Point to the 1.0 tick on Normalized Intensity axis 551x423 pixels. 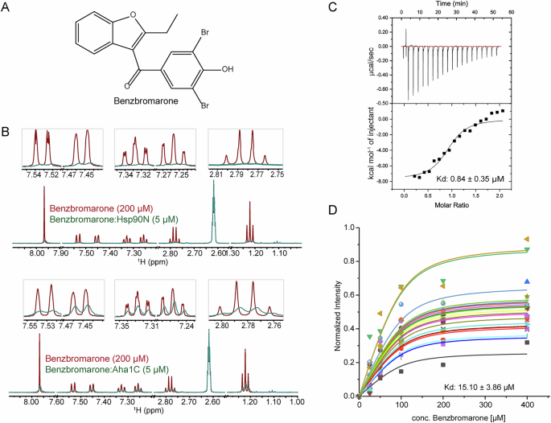348,227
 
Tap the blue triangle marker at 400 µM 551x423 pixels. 527,281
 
